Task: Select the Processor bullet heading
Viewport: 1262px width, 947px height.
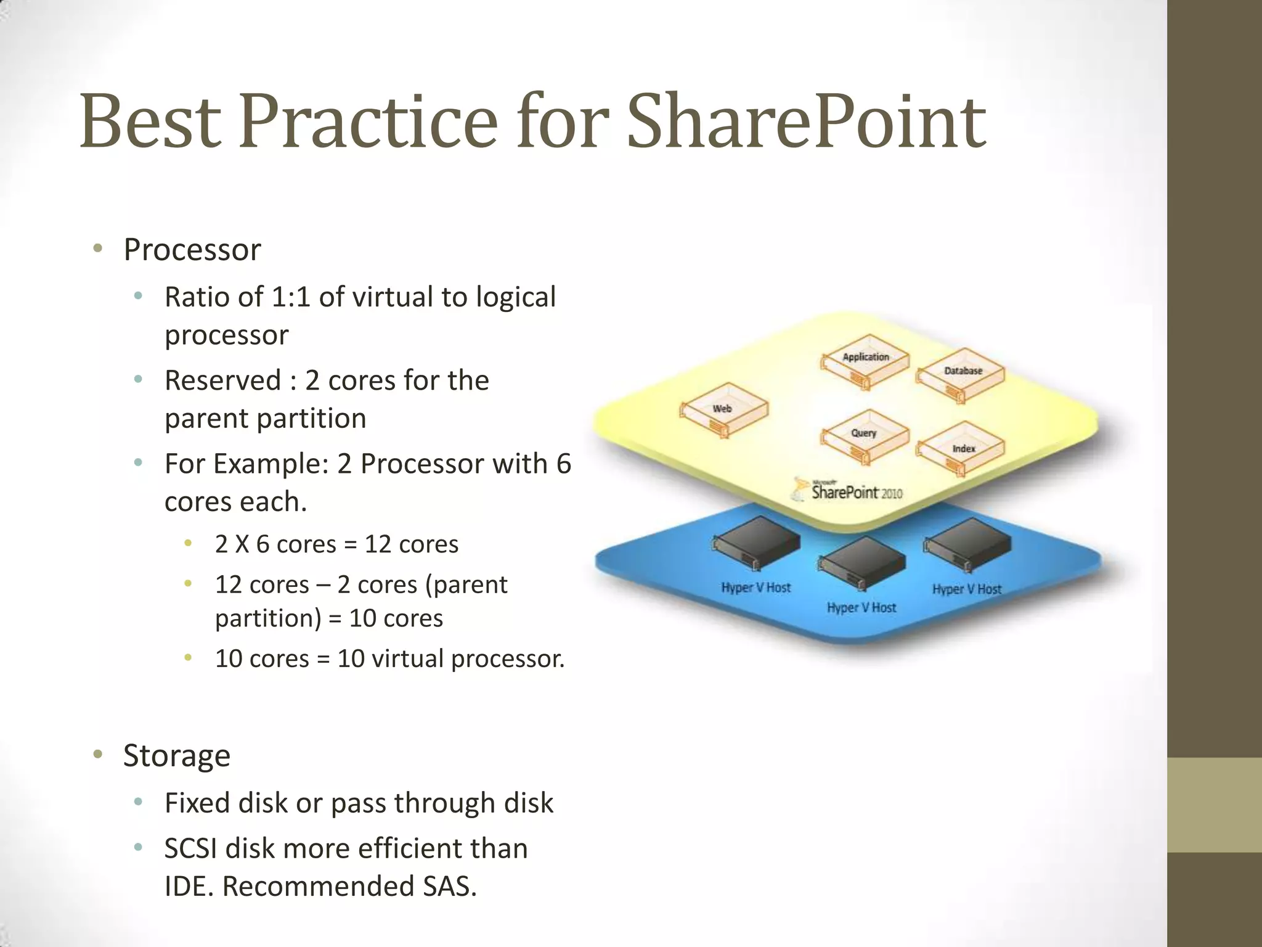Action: tap(192, 250)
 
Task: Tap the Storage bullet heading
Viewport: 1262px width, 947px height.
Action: tap(177, 755)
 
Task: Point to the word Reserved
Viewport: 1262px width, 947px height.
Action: tap(222, 380)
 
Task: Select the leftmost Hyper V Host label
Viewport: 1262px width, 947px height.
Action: tap(755, 588)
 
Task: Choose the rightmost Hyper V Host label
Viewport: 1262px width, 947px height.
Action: tap(966, 589)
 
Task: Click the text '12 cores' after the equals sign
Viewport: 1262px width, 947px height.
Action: tap(411, 544)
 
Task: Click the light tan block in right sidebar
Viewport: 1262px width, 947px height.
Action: tap(1215, 805)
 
